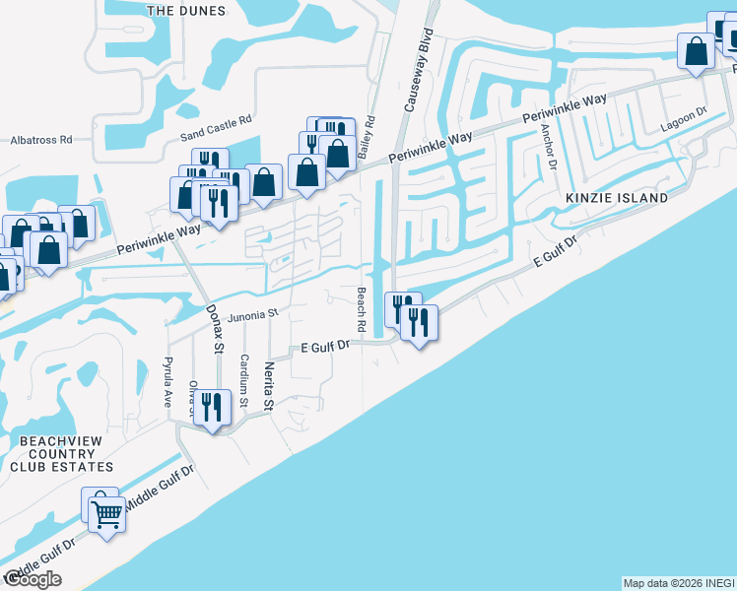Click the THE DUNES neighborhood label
(185, 11)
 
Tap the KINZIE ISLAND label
(617, 198)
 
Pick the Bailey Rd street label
(369, 138)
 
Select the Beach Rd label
(362, 308)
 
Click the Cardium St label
(243, 381)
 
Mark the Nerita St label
(267, 385)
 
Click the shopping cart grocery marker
(106, 512)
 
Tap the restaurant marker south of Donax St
(212, 408)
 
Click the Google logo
(32, 579)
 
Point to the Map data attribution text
(679, 583)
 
